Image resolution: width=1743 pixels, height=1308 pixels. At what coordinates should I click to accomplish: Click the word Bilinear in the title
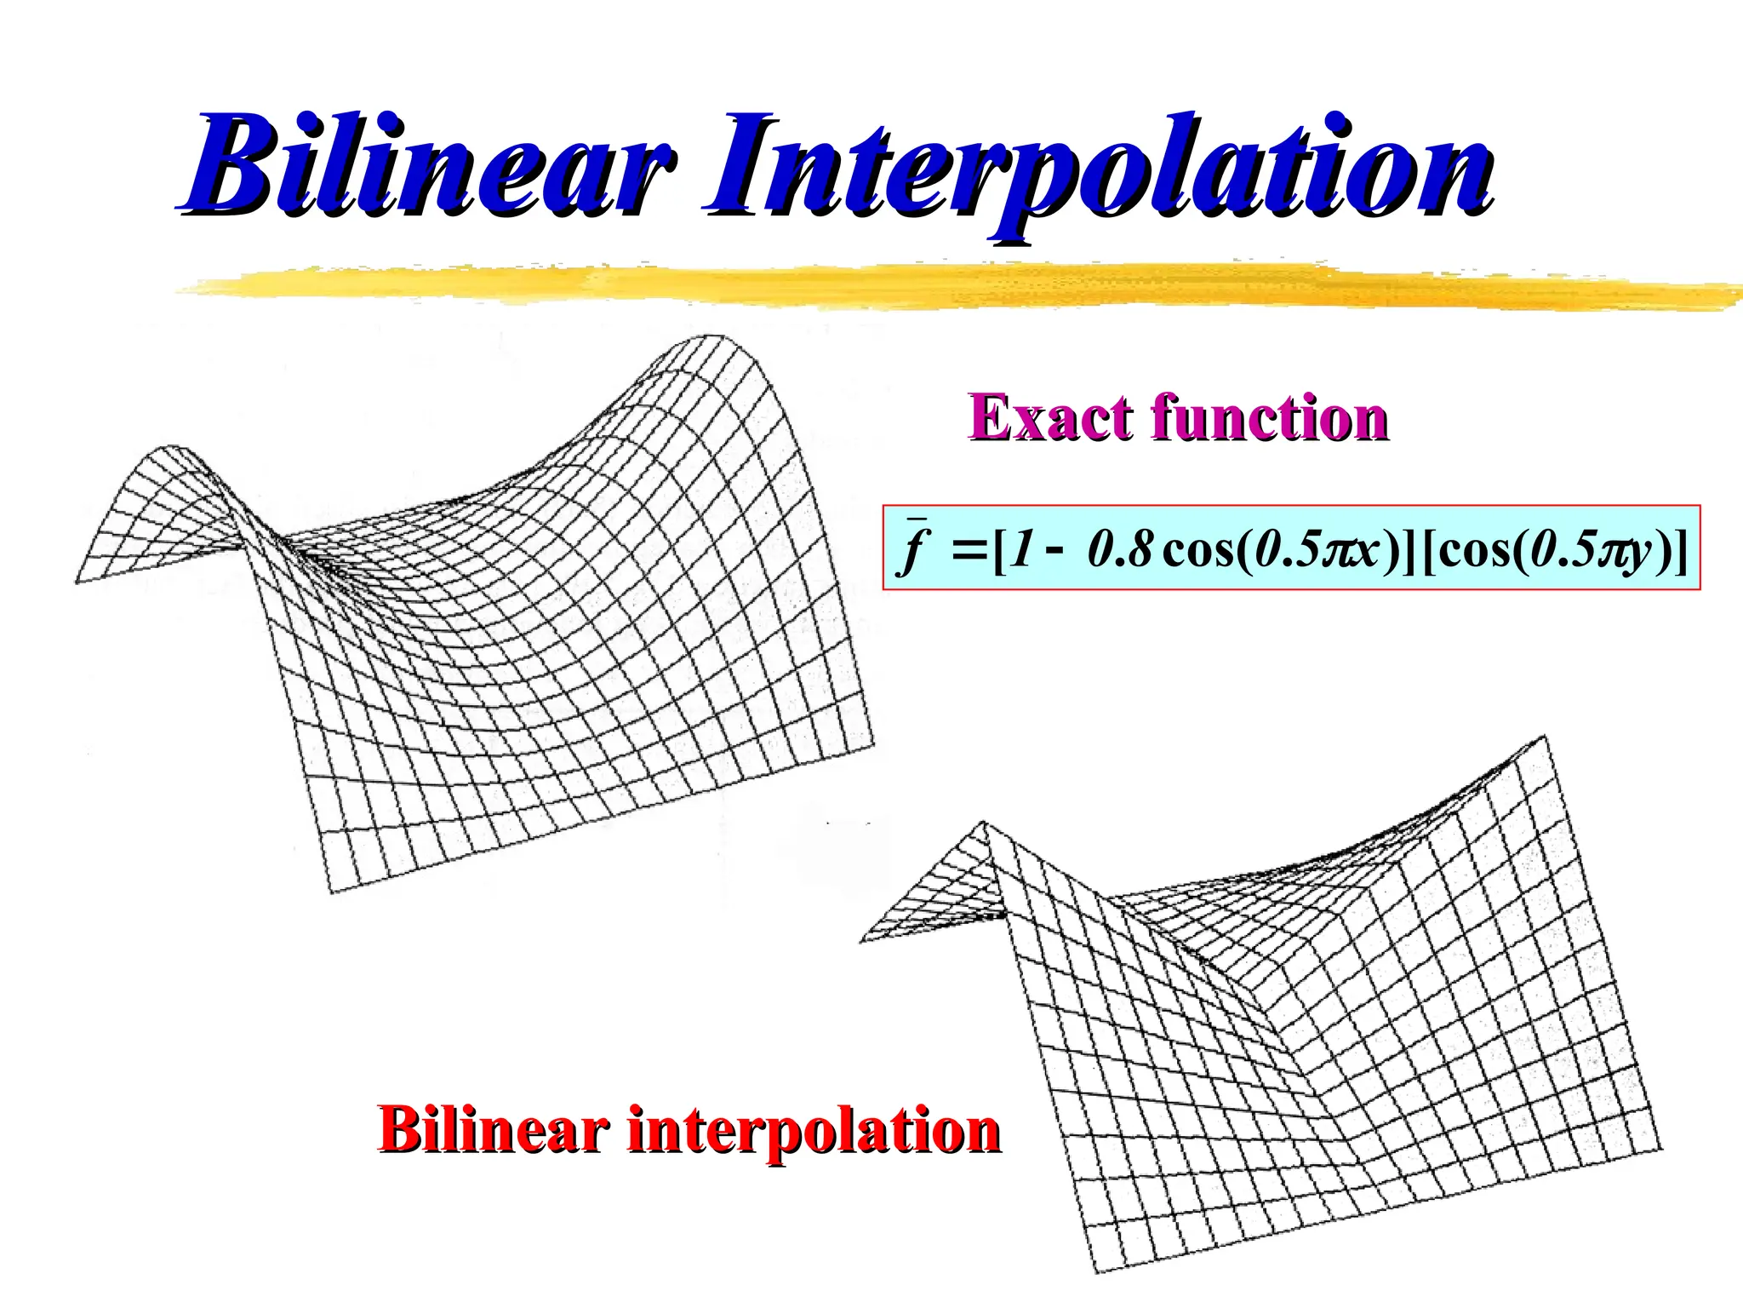[430, 166]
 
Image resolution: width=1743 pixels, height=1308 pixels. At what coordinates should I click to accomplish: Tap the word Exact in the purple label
[1048, 418]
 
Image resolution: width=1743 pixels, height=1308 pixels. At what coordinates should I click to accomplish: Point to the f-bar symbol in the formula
[916, 547]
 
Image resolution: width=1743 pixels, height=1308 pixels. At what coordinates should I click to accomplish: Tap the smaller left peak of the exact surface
[170, 446]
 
